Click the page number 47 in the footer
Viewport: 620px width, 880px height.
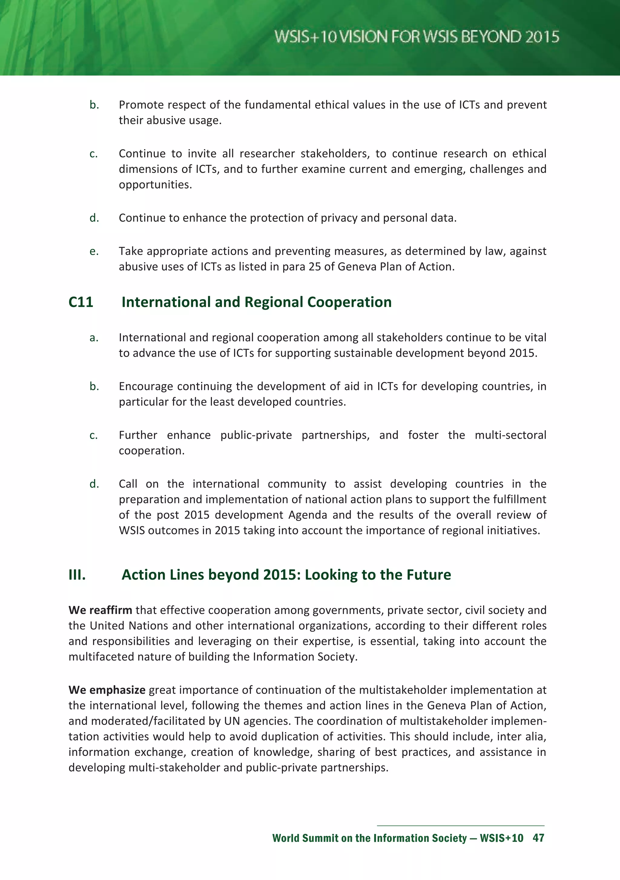538,838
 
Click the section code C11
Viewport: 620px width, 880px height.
81,302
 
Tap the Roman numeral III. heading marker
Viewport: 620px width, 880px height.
77,574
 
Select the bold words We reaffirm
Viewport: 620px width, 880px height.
101,610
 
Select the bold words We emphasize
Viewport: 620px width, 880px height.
107,690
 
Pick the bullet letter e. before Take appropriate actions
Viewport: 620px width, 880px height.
94,251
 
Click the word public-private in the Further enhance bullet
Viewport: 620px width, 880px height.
256,435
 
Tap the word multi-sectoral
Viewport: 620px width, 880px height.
510,435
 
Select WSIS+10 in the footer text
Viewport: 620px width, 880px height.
501,838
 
